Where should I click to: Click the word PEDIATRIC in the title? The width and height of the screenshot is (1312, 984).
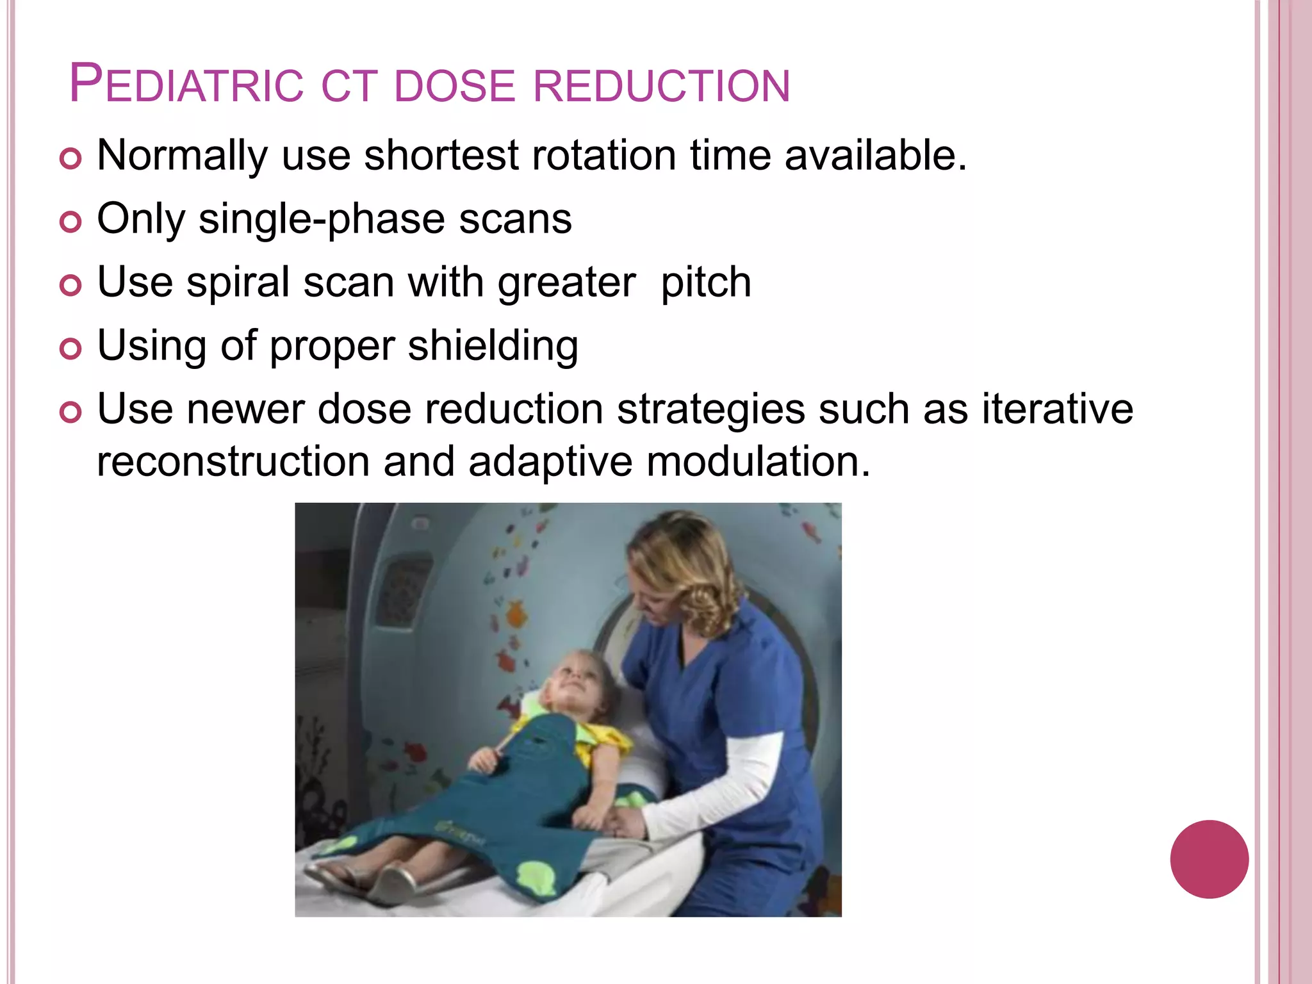[186, 85]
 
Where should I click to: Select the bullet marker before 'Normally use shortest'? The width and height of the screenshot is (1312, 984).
[70, 158]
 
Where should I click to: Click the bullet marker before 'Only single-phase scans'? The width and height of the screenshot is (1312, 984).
[70, 222]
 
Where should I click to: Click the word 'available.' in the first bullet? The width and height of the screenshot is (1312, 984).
[875, 156]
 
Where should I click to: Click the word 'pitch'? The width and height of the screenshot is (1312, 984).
[706, 283]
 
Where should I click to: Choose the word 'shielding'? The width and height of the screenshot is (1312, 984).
[493, 347]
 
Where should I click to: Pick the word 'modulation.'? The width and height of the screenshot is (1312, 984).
[758, 461]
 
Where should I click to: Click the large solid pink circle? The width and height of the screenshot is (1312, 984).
[1209, 859]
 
